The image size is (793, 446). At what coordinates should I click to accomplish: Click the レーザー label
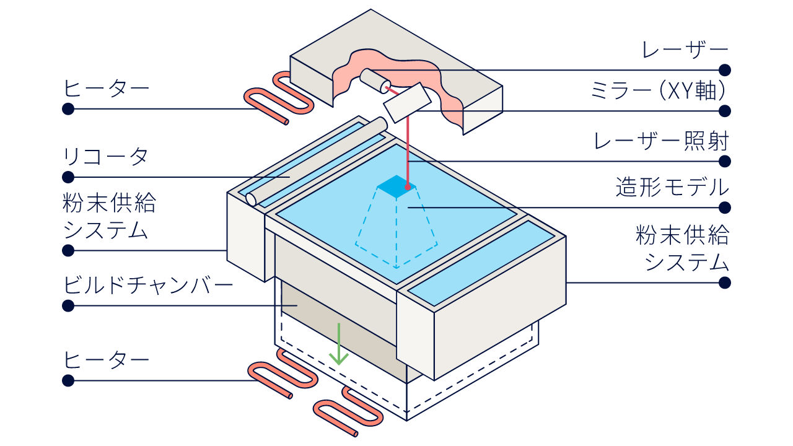[x=685, y=50]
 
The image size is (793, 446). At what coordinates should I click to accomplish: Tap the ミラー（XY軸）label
[x=659, y=90]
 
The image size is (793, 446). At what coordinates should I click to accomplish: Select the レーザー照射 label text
[x=661, y=141]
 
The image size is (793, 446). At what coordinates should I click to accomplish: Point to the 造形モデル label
[x=672, y=187]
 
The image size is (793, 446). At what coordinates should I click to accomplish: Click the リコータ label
[x=105, y=157]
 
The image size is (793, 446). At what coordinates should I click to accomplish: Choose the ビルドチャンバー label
[x=148, y=286]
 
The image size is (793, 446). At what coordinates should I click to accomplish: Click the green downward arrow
[x=339, y=344]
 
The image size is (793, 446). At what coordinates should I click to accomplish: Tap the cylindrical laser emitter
[x=375, y=81]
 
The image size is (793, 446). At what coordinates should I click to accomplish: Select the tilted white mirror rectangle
[x=408, y=103]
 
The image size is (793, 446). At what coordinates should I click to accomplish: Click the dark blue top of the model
[x=396, y=186]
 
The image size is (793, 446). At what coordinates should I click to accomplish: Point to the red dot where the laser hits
[x=408, y=186]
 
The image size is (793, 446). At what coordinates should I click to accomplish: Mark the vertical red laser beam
[x=408, y=152]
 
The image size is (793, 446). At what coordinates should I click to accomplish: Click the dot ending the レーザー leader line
[x=725, y=70]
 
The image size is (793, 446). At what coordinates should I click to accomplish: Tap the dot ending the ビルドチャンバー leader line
[x=68, y=305]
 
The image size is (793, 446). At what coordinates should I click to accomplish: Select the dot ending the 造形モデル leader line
[x=725, y=208]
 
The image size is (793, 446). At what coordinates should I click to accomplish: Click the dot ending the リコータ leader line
[x=68, y=177]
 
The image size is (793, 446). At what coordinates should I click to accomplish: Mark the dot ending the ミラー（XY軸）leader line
[x=725, y=111]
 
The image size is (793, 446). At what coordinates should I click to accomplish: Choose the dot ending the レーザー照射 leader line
[x=725, y=162]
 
